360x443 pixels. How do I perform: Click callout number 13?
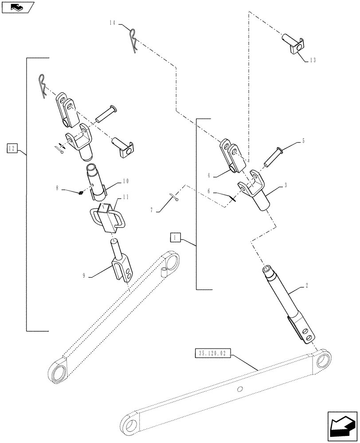click(313, 60)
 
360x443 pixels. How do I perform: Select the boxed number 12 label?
click(12, 148)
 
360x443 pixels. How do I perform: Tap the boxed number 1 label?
click(176, 238)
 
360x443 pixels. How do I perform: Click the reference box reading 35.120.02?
click(213, 353)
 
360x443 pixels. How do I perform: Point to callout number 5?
click(303, 141)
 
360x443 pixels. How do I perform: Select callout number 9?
click(84, 275)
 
